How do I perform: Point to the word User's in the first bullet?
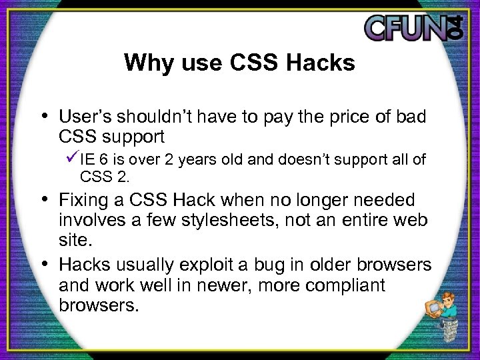[84, 117]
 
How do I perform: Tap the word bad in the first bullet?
[412, 117]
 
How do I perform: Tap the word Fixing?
[81, 201]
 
